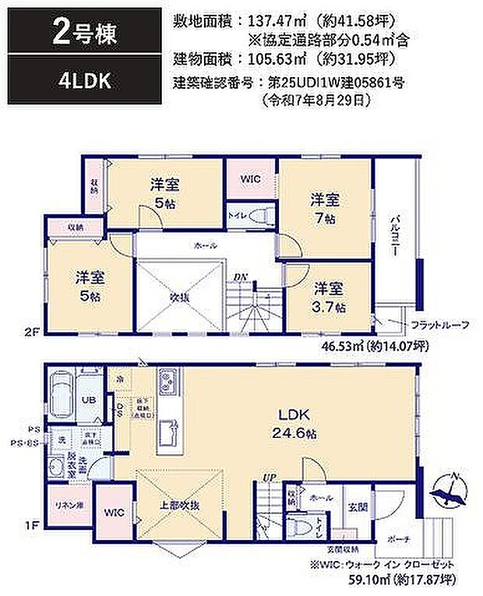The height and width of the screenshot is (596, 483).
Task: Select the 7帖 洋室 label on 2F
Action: point(325,206)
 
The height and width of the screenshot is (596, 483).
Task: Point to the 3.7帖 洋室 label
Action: point(329,299)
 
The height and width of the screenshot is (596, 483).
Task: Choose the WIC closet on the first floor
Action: point(115,513)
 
